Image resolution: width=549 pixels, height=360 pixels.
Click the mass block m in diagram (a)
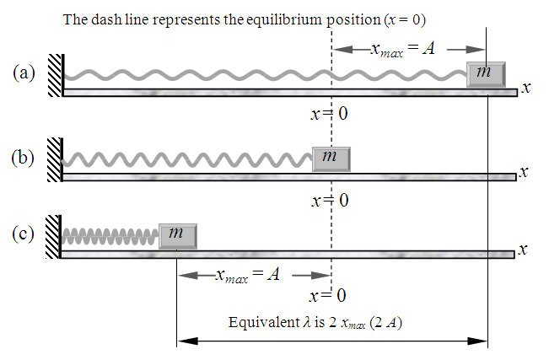(486, 74)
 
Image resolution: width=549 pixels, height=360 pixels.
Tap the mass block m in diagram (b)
(330, 158)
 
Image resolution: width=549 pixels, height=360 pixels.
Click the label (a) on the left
(24, 73)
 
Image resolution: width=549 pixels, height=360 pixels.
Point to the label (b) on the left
(24, 157)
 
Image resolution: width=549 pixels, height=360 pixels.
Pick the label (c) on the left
(24, 233)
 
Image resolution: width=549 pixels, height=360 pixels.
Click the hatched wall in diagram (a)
(55, 75)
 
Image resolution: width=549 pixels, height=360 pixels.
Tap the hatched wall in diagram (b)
(55, 158)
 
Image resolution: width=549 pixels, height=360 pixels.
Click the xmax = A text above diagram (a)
(402, 49)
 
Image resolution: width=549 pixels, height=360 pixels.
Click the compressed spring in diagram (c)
(110, 235)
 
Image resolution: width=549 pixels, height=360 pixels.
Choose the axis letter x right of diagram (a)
(525, 87)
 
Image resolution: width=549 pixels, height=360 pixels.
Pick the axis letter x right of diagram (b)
(525, 172)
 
